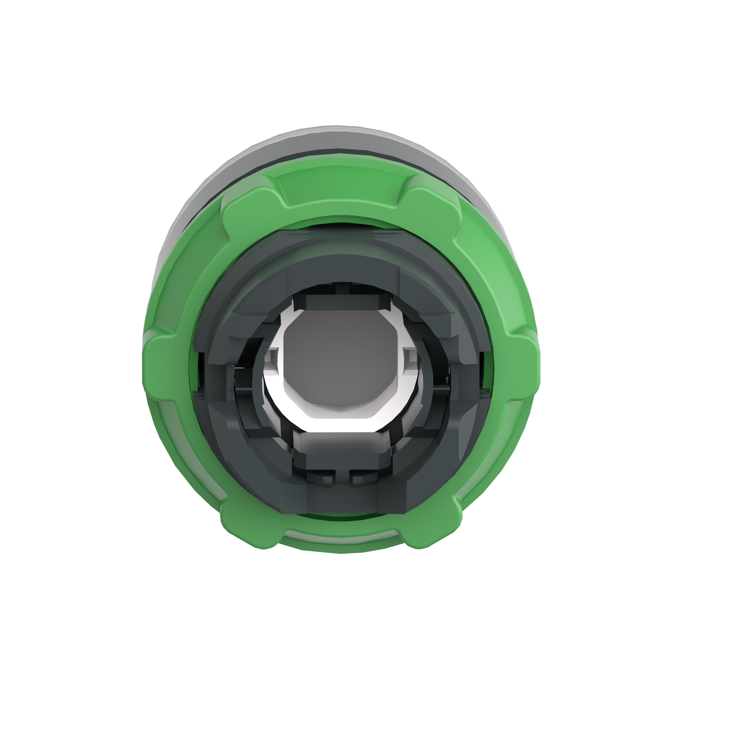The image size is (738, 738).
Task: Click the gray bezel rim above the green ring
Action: tap(340, 137)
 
